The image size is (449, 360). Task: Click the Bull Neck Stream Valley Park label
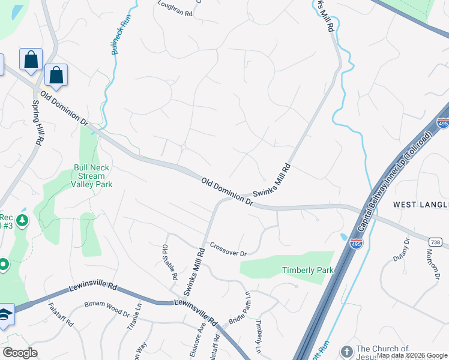click(91, 176)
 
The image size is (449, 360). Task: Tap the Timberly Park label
click(307, 270)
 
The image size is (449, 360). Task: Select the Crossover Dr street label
click(228, 250)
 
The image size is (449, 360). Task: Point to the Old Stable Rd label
click(170, 263)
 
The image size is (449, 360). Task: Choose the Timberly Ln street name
click(259, 336)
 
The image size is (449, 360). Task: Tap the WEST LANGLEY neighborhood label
click(421, 205)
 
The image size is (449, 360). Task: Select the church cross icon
click(346, 352)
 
